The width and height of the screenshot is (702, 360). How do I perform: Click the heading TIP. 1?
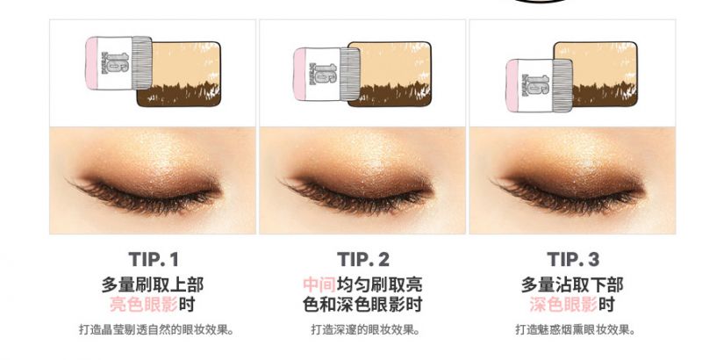pyautogui.click(x=153, y=259)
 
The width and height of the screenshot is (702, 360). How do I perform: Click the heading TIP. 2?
pyautogui.click(x=362, y=259)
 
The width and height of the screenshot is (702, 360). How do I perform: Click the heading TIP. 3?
pyautogui.click(x=573, y=259)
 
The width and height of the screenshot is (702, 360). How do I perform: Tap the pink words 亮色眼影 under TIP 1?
pyautogui.click(x=144, y=305)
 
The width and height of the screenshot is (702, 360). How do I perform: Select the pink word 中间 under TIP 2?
pyautogui.click(x=319, y=284)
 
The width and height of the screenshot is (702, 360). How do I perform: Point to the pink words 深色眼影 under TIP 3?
pyautogui.click(x=563, y=305)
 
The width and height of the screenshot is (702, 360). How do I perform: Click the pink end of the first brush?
pyautogui.click(x=92, y=63)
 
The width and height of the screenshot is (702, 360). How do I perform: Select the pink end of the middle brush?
pyautogui.click(x=299, y=75)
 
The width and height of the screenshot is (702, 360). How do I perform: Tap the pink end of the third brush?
pyautogui.click(x=512, y=85)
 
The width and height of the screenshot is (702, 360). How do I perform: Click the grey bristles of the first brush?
pyautogui.click(x=142, y=62)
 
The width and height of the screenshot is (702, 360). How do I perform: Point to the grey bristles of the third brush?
pyautogui.click(x=562, y=85)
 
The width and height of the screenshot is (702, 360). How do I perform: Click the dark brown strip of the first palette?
pyautogui.click(x=179, y=96)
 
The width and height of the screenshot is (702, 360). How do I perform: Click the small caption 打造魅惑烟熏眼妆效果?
pyautogui.click(x=576, y=330)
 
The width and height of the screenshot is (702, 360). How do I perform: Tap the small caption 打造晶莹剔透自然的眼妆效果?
pyautogui.click(x=157, y=330)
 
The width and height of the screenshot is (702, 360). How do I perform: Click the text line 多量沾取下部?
pyautogui.click(x=572, y=284)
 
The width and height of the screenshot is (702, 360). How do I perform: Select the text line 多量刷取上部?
pyautogui.click(x=153, y=284)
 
